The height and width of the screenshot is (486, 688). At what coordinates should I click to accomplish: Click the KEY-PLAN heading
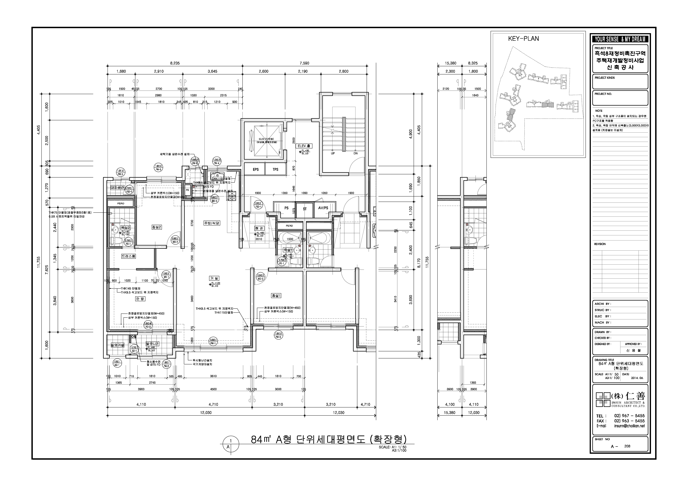(523, 39)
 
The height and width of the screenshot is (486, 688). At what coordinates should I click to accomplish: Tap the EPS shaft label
(256, 169)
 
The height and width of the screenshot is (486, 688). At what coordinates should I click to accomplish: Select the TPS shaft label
(275, 169)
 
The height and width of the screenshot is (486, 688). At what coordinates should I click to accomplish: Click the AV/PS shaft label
(323, 208)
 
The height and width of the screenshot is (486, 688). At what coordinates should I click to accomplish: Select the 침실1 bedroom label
(276, 296)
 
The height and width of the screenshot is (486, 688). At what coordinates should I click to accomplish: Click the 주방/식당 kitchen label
(212, 223)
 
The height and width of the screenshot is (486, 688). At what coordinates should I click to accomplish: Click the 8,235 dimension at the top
(175, 63)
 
